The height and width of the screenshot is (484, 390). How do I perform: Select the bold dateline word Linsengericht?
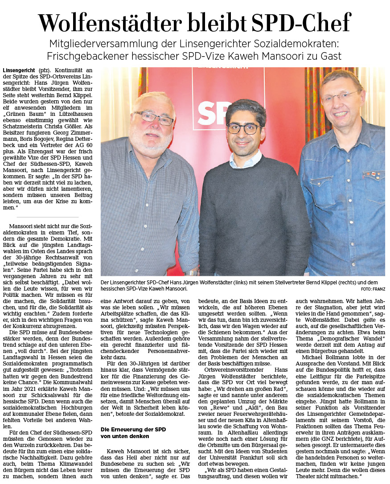click(19, 70)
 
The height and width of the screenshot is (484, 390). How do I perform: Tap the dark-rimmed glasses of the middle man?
click(243, 129)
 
